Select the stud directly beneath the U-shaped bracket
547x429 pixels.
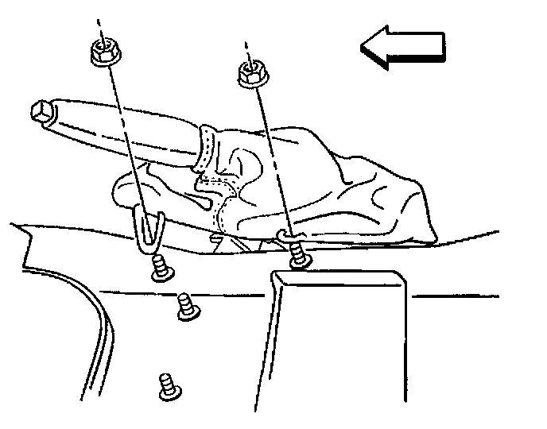(x=159, y=269)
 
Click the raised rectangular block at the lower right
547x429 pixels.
(x=334, y=342)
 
